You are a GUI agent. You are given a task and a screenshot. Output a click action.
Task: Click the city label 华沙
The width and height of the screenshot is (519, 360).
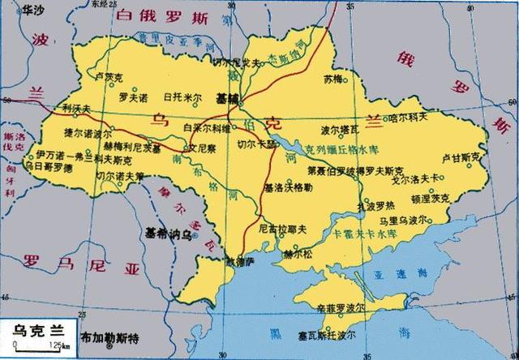(35, 10)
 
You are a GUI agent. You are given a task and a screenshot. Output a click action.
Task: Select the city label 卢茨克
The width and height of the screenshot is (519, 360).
(108, 77)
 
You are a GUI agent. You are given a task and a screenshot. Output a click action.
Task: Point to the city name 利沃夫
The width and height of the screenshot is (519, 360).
(77, 107)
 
